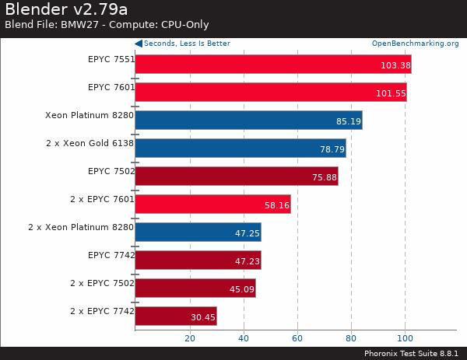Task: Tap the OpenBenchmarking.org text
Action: point(415,44)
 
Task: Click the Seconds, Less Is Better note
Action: point(186,44)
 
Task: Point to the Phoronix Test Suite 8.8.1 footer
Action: point(412,352)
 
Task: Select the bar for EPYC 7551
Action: point(272,64)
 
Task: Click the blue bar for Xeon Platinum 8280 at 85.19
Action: point(248,120)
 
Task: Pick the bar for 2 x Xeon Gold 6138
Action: point(240,148)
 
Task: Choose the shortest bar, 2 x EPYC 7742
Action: point(175,316)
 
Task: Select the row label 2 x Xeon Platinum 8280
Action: point(81,226)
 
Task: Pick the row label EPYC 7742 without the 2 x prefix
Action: point(111,254)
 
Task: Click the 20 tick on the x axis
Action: point(189,338)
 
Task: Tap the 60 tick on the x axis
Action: point(297,338)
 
